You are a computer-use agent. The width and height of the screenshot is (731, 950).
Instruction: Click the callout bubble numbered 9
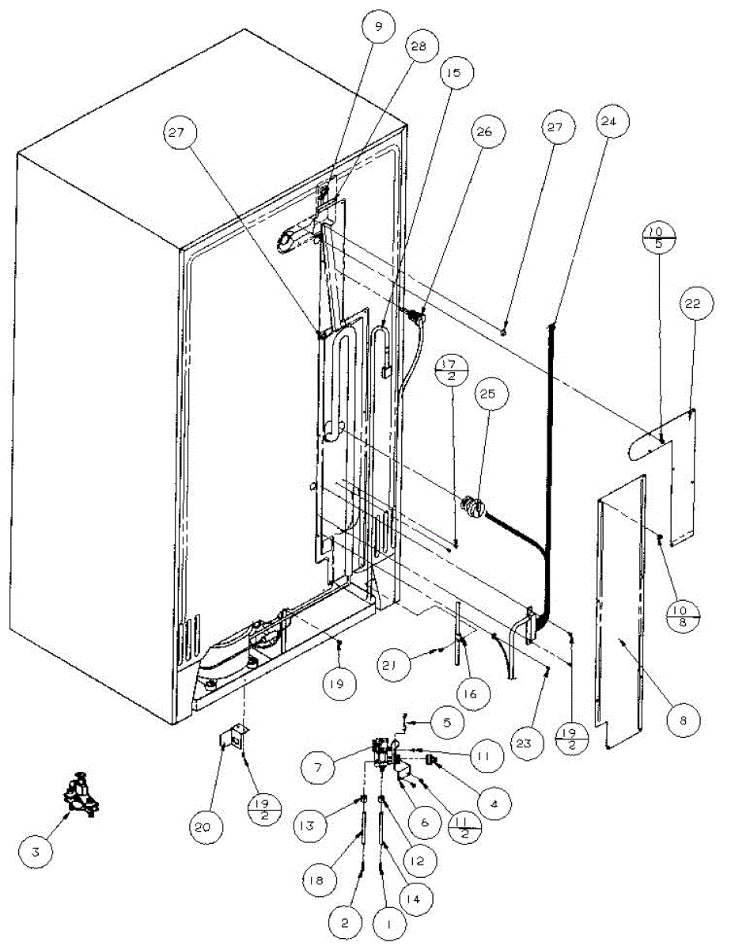click(378, 28)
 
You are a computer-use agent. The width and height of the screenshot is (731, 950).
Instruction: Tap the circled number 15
click(454, 73)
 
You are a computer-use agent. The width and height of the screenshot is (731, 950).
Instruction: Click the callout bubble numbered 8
click(683, 720)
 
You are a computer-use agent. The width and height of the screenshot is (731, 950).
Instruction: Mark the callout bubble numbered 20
click(207, 827)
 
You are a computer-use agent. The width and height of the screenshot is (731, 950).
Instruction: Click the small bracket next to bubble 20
click(229, 739)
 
